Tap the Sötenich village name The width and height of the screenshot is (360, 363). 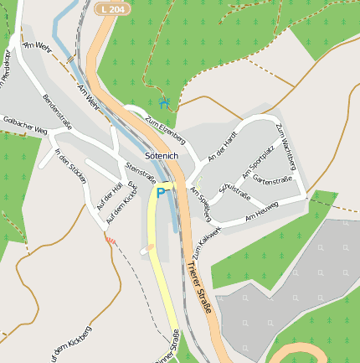pos(162,156)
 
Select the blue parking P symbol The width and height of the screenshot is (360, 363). pos(160,193)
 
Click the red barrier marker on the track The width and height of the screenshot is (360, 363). pos(109,240)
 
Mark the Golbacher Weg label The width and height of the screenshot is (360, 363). pos(25,125)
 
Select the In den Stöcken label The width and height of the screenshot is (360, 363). pos(70,163)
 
